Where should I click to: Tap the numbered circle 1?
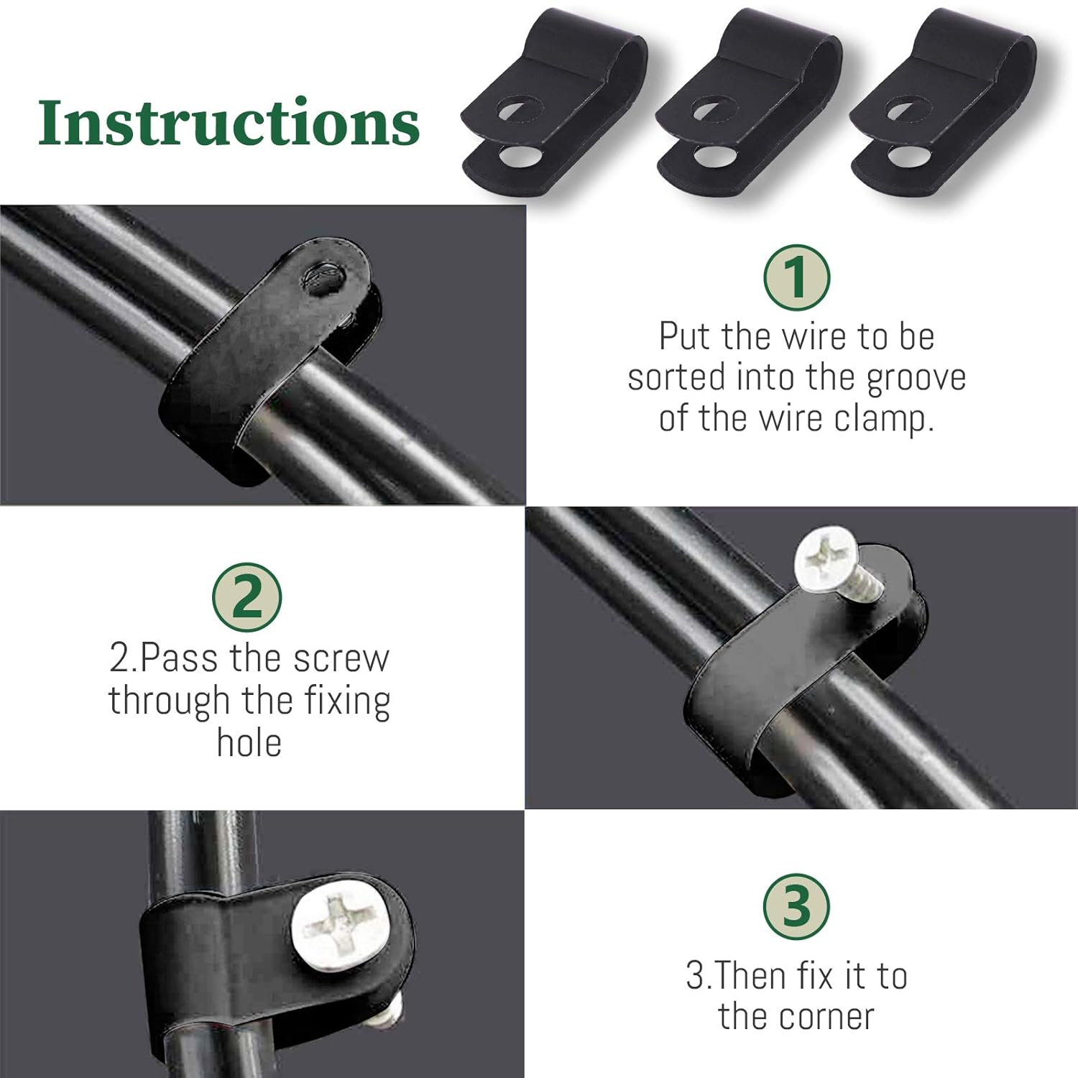point(796,277)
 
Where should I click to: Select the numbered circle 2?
point(247,597)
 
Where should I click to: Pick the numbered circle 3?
point(796,906)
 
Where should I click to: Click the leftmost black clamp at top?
point(553,108)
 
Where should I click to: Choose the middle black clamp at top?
point(747,108)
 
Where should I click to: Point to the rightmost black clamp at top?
point(941,108)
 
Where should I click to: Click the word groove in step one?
point(916,379)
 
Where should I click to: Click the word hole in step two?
point(249,742)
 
